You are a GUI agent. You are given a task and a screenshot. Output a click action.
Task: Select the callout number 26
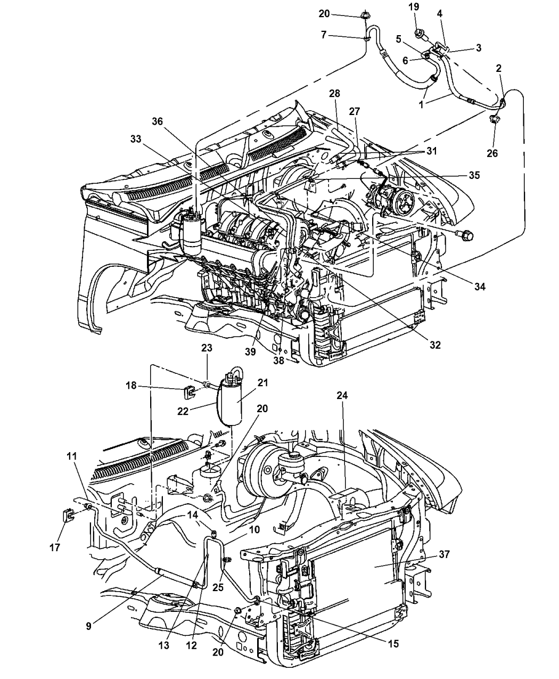tap(492, 154)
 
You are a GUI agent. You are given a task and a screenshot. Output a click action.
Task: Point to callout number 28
tap(334, 94)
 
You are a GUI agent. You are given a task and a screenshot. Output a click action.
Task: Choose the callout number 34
tap(480, 287)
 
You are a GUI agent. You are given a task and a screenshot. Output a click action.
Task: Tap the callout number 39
tap(250, 352)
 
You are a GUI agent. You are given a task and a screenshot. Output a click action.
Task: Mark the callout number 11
tap(72, 456)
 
